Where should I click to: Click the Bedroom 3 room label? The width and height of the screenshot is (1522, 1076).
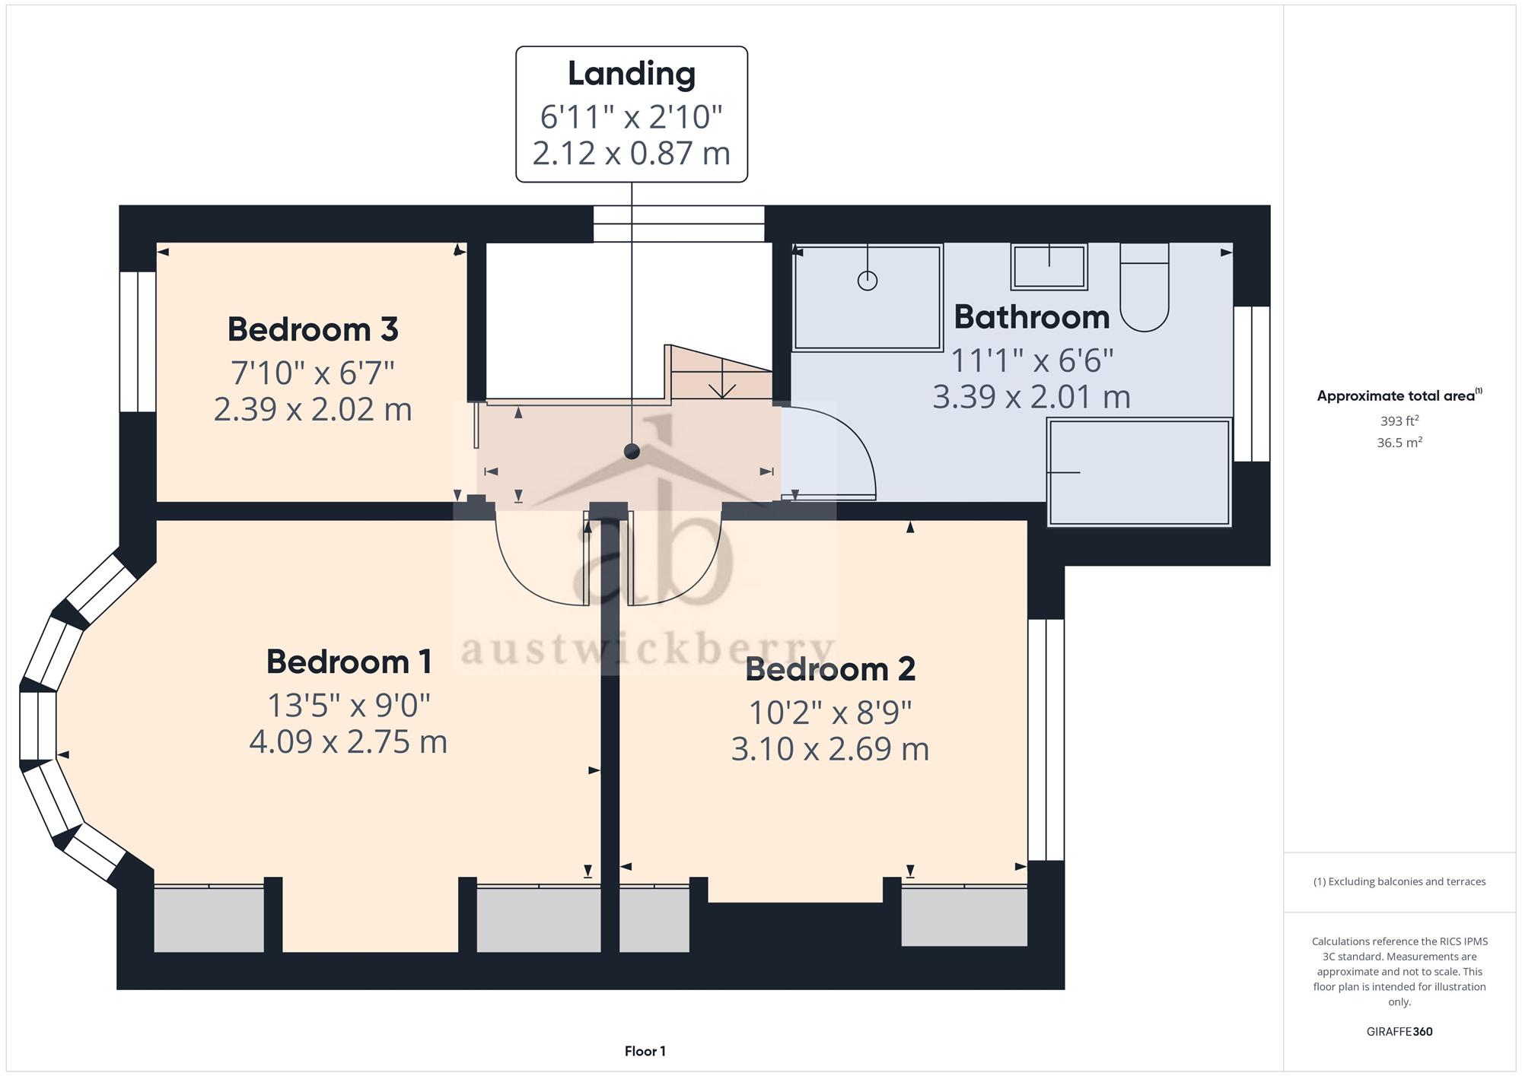point(313,329)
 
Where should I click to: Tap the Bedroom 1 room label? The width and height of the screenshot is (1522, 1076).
point(349,662)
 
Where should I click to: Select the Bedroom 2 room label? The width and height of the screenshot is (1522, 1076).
point(830,669)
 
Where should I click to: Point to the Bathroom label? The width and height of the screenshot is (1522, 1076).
point(1032,317)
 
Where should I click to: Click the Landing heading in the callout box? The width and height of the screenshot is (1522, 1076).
point(632,74)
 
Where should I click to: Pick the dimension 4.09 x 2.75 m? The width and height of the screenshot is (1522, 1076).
point(349,741)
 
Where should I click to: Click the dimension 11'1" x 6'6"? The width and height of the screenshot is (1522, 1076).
point(1033,360)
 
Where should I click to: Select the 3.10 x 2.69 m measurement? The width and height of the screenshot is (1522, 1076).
point(830,749)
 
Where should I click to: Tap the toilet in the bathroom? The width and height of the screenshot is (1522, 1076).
point(1144,287)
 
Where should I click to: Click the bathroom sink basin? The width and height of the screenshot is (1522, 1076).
point(1049,267)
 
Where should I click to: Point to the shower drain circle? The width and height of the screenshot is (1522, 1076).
point(868,281)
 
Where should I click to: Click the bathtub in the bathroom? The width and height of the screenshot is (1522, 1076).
point(1139,472)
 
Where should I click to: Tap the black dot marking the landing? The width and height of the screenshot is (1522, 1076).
point(632,452)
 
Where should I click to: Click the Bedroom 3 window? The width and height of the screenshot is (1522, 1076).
point(138,341)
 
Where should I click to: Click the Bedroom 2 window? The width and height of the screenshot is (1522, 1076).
point(1046,740)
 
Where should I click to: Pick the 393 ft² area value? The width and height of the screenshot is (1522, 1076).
point(1399,421)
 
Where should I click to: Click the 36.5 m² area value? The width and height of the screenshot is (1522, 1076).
point(1399,443)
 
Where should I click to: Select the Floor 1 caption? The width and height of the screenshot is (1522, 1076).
point(645,1052)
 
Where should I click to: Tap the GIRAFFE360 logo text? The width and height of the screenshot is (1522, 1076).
point(1399,1032)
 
